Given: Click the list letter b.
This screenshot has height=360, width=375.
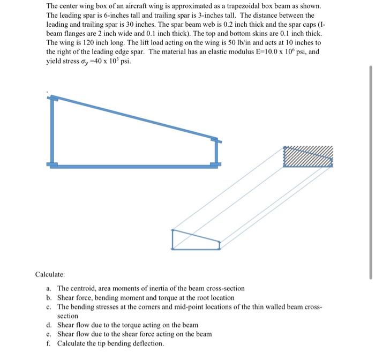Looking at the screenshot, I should tap(49, 297).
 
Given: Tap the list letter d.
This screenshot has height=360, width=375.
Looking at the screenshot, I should tap(49, 325).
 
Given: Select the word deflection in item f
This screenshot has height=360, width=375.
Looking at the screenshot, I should tap(147, 343).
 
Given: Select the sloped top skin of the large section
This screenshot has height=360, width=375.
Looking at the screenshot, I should tap(134, 118).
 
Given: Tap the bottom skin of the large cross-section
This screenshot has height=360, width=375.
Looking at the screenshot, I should tap(134, 166).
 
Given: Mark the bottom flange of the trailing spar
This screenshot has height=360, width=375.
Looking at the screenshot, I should tap(215, 165).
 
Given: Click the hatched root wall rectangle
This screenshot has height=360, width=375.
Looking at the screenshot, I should tap(307, 157).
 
